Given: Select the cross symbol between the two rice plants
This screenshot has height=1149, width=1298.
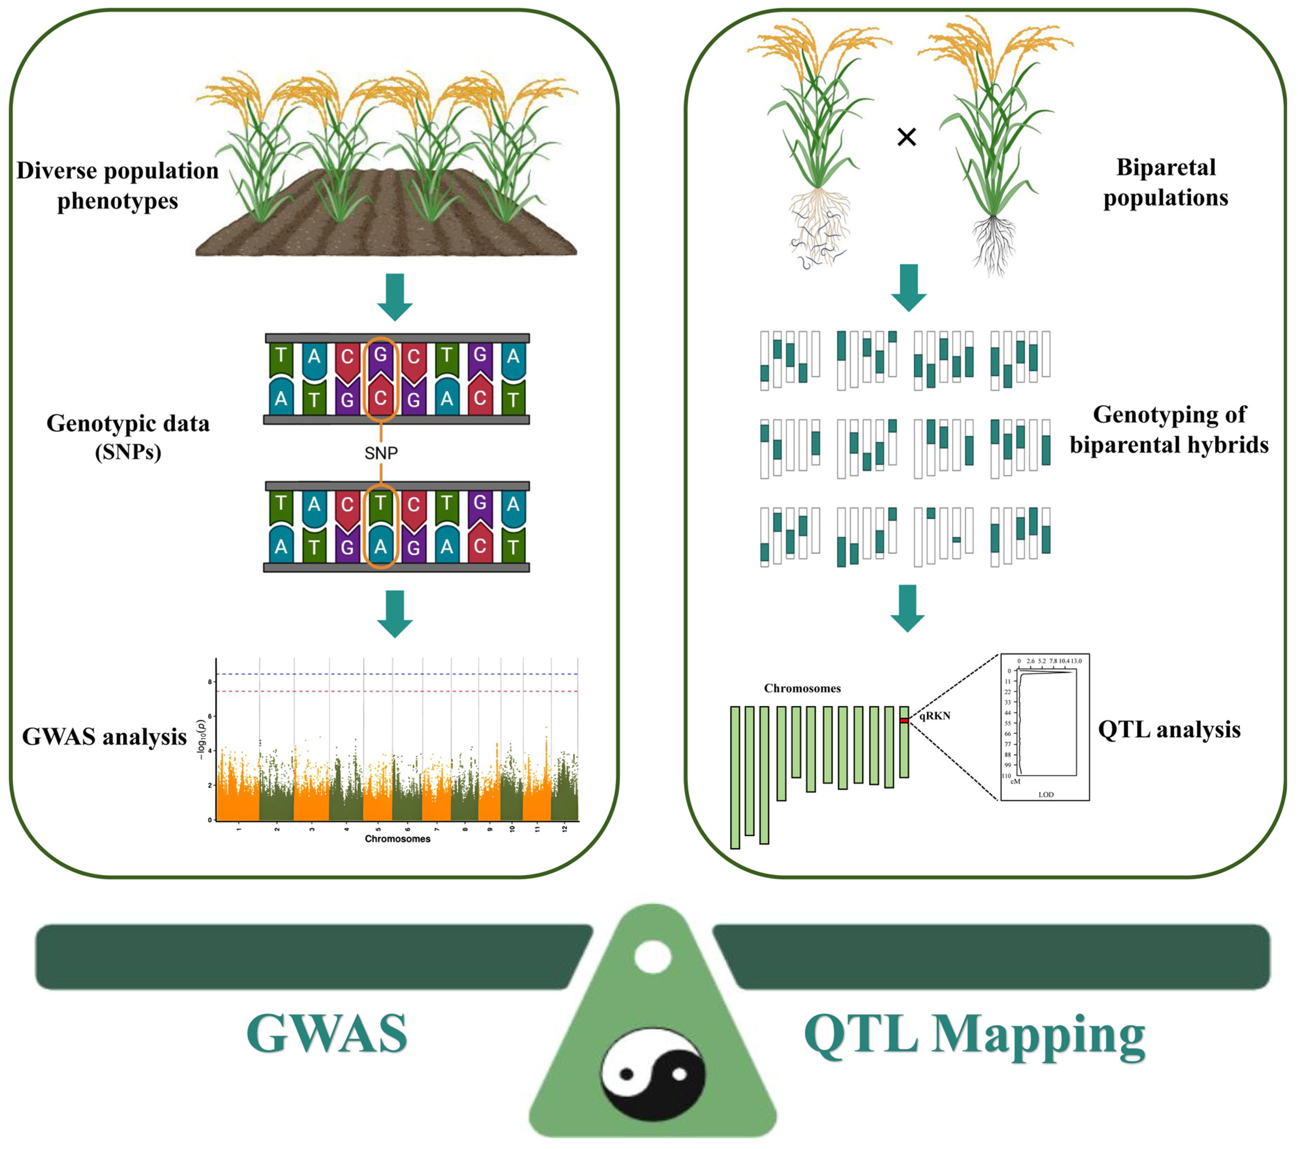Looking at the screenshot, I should click(906, 136).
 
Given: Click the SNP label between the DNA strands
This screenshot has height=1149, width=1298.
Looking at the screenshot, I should click(381, 453).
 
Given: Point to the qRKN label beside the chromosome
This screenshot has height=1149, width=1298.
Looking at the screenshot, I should click(935, 716).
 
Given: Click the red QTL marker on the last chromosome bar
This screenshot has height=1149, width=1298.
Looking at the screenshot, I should click(904, 720).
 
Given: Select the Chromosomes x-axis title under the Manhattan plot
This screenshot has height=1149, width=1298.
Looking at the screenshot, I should click(398, 839).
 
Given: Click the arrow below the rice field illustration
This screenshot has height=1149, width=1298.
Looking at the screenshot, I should click(395, 296).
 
